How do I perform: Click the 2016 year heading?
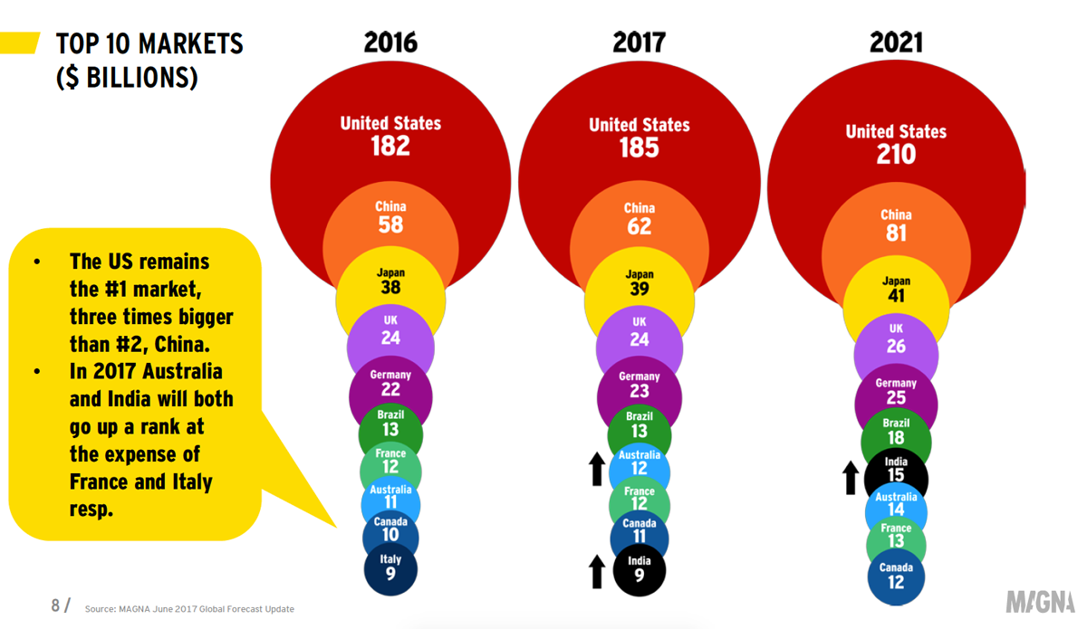tap(390, 43)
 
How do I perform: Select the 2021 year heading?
tap(896, 43)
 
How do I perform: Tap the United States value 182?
tap(390, 146)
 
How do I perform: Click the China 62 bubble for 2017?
tap(639, 219)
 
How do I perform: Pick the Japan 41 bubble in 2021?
tap(896, 290)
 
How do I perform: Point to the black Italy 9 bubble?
tap(390, 567)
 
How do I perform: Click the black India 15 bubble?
tap(896, 470)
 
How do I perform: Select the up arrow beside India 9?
tap(596, 571)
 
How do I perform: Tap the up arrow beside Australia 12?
tap(596, 469)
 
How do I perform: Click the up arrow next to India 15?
tap(850, 477)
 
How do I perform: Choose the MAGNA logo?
tap(1040, 602)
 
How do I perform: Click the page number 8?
tap(56, 605)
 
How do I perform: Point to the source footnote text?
tap(189, 609)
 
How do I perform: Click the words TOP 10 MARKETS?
tap(149, 43)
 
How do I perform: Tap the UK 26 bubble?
tap(896, 339)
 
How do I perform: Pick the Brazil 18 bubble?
tap(896, 432)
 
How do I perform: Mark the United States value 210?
tap(896, 154)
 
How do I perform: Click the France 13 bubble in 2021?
tap(896, 536)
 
